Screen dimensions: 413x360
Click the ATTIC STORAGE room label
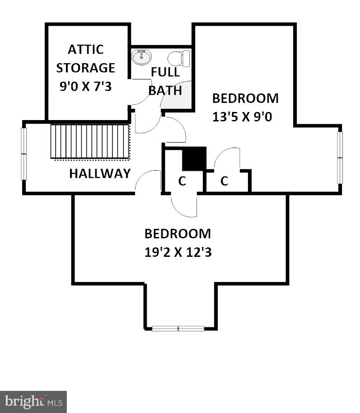pyautogui.click(x=85, y=58)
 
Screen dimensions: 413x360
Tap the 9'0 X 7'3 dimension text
pyautogui.click(x=85, y=86)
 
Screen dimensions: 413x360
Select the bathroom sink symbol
pyautogui.click(x=141, y=57)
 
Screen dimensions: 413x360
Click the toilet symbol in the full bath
pyautogui.click(x=179, y=58)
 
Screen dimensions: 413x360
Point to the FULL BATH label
pyautogui.click(x=165, y=81)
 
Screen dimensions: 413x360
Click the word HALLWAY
pyautogui.click(x=100, y=173)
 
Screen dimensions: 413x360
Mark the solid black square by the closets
pyautogui.click(x=194, y=159)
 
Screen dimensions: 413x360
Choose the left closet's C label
pyautogui.click(x=182, y=181)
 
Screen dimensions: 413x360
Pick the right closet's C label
pyautogui.click(x=224, y=181)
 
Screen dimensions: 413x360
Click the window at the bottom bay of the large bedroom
pyautogui.click(x=178, y=329)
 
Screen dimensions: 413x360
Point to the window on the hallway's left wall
pyautogui.click(x=24, y=154)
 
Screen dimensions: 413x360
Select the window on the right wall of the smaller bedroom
pyautogui.click(x=340, y=158)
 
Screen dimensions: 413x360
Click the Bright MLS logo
pyautogui.click(x=33, y=400)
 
